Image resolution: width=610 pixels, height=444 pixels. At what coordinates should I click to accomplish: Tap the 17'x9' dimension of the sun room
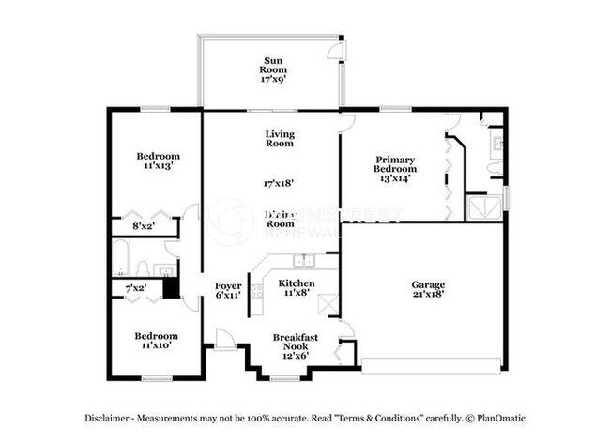[x=273, y=80]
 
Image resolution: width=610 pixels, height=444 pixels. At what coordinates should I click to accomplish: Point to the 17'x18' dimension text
[x=279, y=184]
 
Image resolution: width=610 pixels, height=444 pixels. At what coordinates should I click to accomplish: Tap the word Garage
[x=428, y=284]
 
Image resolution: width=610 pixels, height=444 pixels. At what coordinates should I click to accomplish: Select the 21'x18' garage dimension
[x=428, y=295]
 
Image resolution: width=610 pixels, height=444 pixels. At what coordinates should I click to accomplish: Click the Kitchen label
[x=296, y=283]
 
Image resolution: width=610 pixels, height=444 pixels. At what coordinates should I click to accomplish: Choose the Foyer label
[x=228, y=284]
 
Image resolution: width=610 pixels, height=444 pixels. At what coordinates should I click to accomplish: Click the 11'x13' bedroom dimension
[x=158, y=166]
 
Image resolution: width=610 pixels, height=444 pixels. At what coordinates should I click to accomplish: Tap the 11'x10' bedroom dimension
[x=157, y=346]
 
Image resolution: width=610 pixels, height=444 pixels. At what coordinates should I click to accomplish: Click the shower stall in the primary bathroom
[x=485, y=207]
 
